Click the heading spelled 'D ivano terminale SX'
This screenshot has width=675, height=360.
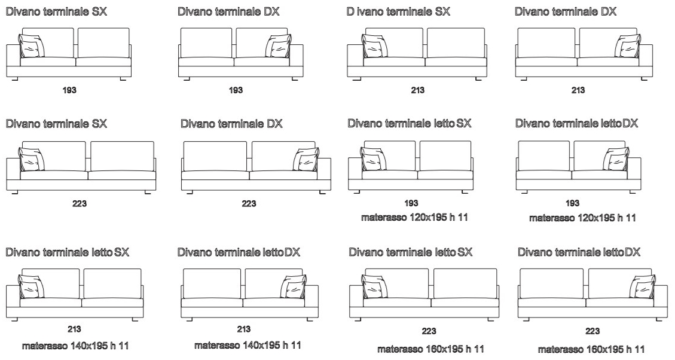point(398,11)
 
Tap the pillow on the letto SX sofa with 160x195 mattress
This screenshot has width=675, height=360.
point(374,286)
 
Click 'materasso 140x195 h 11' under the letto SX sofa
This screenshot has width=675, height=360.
point(75,346)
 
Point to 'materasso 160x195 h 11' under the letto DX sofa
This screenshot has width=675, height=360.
point(591,349)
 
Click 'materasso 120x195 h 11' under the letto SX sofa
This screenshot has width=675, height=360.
point(414,217)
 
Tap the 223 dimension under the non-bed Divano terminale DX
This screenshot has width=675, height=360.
point(249,203)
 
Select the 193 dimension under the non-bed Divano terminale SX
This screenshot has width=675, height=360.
point(69,90)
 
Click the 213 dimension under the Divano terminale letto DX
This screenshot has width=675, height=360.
point(244,329)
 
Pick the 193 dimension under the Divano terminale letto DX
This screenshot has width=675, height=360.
point(573,203)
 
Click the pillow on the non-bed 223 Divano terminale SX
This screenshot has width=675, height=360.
point(32,159)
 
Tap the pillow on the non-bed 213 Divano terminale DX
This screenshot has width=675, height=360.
point(628,45)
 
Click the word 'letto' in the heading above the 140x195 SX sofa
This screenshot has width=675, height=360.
point(102,252)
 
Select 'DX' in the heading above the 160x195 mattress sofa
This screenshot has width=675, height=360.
point(632,252)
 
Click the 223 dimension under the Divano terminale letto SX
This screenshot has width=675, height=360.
point(429,331)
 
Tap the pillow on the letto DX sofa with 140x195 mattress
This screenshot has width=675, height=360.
point(294,286)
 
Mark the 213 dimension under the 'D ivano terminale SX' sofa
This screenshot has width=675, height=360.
point(417,90)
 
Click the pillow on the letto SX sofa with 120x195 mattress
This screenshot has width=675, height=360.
point(373,159)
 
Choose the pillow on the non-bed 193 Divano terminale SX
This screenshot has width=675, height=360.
point(32,45)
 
